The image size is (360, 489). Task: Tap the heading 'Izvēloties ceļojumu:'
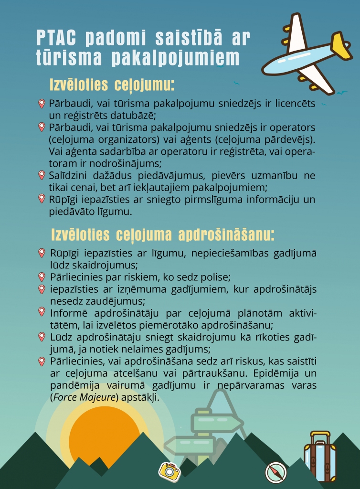click(112, 85)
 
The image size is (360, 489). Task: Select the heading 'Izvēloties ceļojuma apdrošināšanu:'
click(163, 235)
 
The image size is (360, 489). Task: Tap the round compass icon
click(276, 472)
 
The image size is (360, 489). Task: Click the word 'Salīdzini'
click(69, 176)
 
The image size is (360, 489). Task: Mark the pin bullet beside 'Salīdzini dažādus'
click(42, 175)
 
